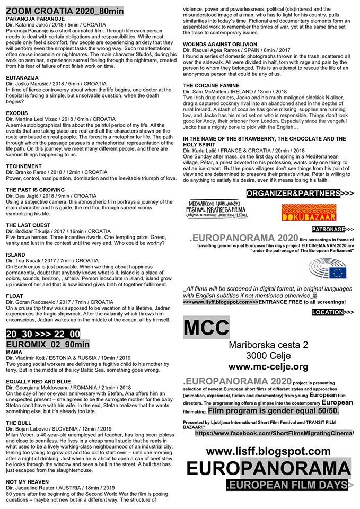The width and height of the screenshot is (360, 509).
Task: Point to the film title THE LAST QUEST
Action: pyautogui.click(x=28, y=225)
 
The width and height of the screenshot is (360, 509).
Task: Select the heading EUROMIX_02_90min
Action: pyautogui.click(x=48, y=344)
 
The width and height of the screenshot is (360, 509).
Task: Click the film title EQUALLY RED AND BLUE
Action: pyautogui.click(x=38, y=381)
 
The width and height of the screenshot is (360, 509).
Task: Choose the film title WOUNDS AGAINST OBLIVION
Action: pyautogui.click(x=227, y=44)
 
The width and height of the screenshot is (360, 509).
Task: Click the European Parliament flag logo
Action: pyautogui.click(x=329, y=271)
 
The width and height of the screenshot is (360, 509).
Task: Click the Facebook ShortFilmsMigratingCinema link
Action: pyautogui.click(x=274, y=433)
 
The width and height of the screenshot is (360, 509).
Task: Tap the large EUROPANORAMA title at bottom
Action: pyautogui.click(x=268, y=469)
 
